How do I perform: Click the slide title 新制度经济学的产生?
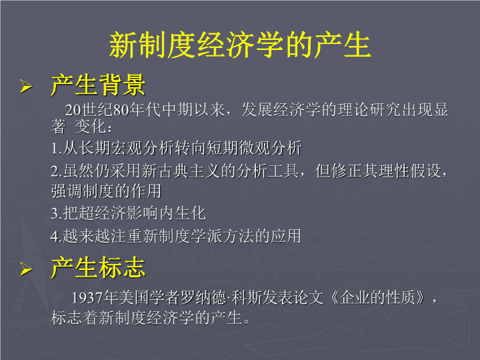240,45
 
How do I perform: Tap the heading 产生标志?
98,267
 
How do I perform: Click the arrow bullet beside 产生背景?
26,86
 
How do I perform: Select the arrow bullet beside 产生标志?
26,269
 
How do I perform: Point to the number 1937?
87,298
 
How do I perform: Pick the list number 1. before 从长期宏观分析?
57,149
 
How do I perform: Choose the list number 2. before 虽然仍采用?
57,171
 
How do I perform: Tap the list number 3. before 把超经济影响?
57,214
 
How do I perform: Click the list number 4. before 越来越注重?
57,236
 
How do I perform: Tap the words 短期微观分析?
255,148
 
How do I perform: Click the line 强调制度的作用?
106,191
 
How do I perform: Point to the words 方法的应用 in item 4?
263,236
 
